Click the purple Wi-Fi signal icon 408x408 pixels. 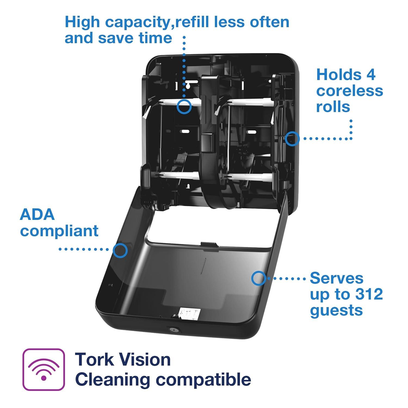[44, 369]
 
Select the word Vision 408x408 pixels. [146, 360]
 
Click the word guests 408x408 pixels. [336, 310]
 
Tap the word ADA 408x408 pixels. [37, 215]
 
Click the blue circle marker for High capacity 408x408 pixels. [184, 106]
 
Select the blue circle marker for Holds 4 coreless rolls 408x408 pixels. [292, 138]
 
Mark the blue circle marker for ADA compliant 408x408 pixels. [120, 250]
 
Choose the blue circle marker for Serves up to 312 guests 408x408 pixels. [259, 278]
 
